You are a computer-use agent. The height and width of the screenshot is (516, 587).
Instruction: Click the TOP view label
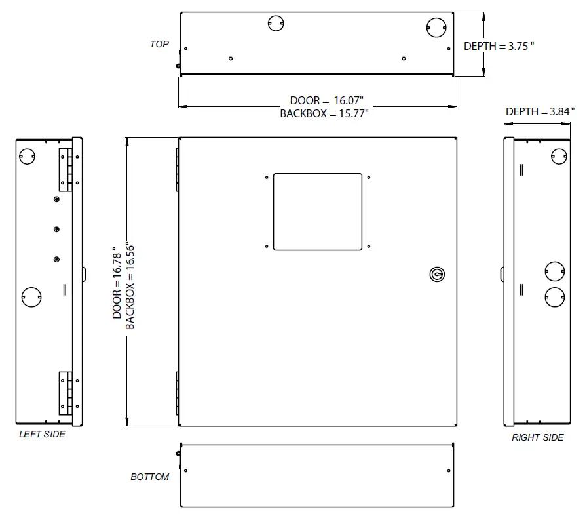(x=159, y=44)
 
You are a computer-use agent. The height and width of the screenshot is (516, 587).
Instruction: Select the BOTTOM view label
(x=149, y=477)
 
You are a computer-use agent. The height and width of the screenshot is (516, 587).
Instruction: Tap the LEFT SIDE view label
(x=42, y=434)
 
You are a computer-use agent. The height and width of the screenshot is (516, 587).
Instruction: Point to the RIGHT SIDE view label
(x=537, y=437)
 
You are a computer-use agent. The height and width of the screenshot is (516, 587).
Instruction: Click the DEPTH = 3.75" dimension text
(x=499, y=47)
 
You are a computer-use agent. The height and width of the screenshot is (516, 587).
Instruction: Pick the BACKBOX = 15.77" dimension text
(x=324, y=113)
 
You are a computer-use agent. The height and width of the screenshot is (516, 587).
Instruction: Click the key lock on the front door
(x=436, y=274)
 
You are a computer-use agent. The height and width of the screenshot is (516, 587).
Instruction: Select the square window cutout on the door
(x=318, y=212)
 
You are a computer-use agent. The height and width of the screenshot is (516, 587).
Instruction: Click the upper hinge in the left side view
(x=67, y=169)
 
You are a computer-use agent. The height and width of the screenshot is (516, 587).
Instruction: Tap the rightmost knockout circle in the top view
(x=436, y=26)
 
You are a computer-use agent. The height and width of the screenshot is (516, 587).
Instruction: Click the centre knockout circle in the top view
(x=276, y=24)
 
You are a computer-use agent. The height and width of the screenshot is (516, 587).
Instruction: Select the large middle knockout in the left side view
(x=30, y=297)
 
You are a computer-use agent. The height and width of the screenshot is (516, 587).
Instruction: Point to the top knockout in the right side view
(x=559, y=155)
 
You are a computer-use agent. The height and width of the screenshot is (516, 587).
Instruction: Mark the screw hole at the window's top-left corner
(x=267, y=177)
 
